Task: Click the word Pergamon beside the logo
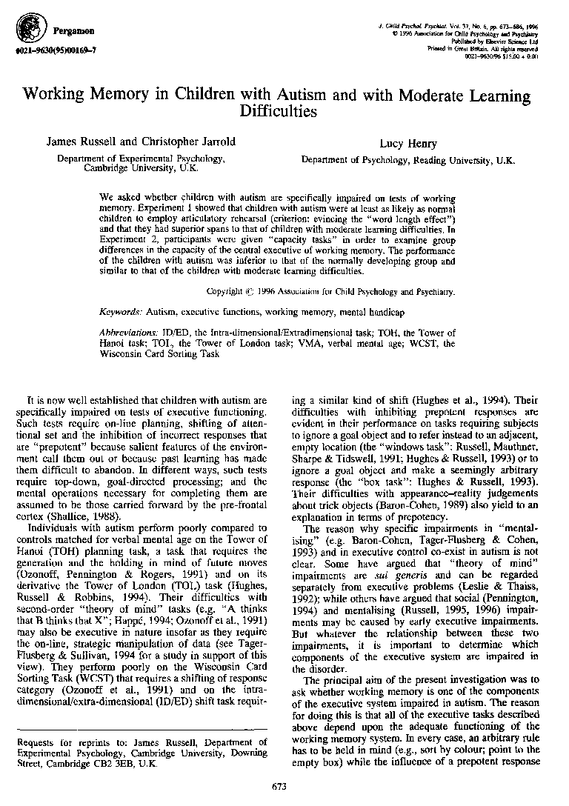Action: tap(73, 31)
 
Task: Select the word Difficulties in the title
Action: tap(278, 113)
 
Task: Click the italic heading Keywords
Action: tap(121, 313)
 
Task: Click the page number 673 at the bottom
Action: tap(279, 786)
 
